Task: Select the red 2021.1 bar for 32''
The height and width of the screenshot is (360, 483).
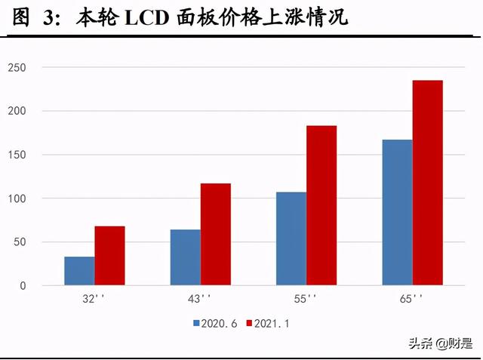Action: tap(109, 256)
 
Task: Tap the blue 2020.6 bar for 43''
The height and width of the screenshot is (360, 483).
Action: tap(185, 257)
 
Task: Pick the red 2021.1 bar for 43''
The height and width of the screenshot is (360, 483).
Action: tap(216, 235)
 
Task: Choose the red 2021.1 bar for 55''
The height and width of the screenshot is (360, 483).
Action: tap(321, 205)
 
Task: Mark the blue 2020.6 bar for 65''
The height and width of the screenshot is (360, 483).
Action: tap(397, 213)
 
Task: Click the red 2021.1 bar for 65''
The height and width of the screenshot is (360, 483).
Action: tap(428, 183)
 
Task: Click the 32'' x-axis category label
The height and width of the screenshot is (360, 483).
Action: tap(94, 299)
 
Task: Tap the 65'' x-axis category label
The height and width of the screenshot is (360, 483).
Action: tap(412, 299)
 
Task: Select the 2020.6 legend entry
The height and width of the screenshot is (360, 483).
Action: tap(216, 323)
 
